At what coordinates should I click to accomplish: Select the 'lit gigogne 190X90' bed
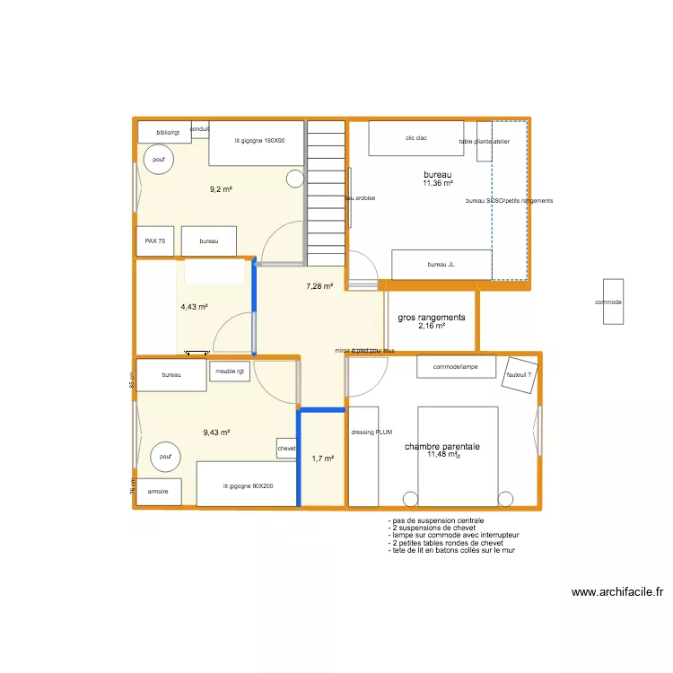click(258, 143)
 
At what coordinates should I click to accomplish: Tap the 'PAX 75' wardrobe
click(155, 241)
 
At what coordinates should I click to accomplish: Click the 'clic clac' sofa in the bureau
click(415, 138)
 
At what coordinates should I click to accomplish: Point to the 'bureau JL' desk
click(441, 265)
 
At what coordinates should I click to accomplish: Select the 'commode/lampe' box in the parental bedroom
click(456, 367)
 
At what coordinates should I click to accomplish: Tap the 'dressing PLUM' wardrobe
click(363, 456)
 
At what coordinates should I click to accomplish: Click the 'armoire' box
click(158, 492)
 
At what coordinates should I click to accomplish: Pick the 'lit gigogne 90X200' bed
click(247, 485)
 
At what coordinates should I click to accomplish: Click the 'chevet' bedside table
click(286, 448)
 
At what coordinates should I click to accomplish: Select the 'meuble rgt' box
click(230, 372)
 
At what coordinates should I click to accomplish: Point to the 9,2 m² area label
click(221, 189)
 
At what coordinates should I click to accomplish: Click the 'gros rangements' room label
click(431, 318)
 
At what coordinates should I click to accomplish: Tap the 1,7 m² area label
click(322, 459)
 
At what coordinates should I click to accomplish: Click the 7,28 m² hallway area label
click(319, 286)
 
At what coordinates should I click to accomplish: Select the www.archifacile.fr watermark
click(616, 592)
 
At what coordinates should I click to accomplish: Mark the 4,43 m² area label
click(194, 307)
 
